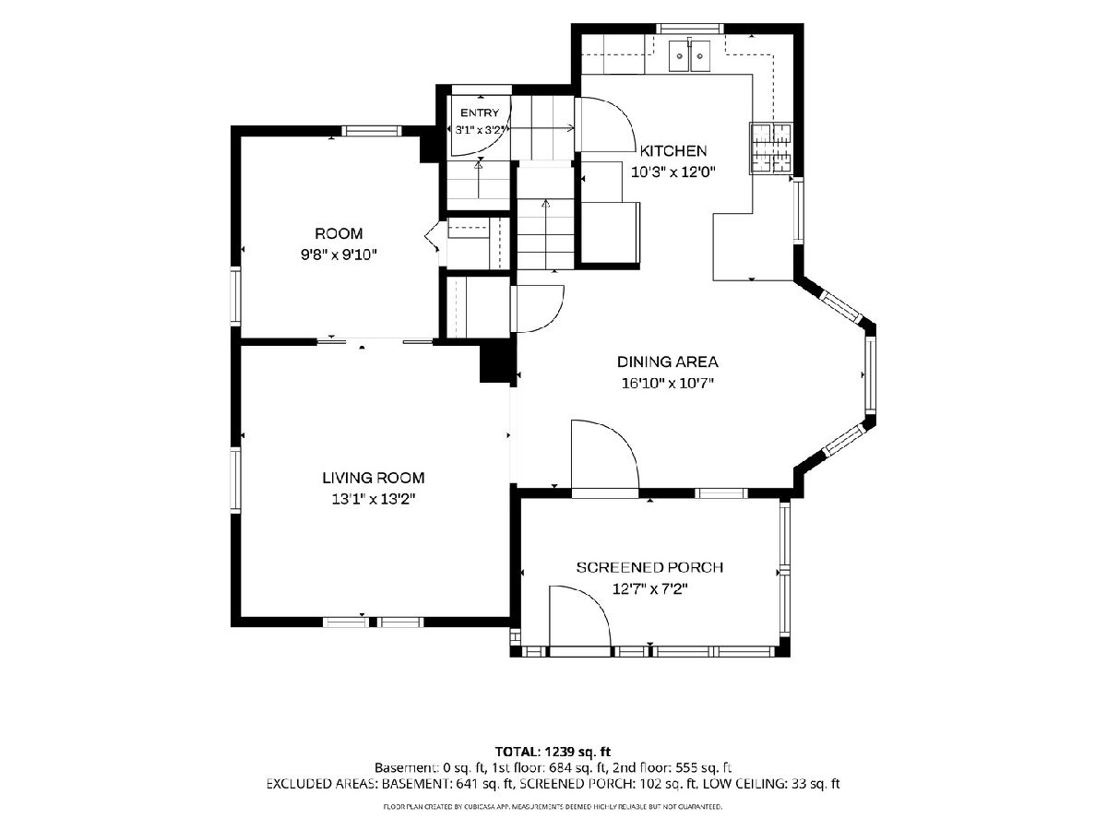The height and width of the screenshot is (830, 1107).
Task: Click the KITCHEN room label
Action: pyautogui.click(x=673, y=150)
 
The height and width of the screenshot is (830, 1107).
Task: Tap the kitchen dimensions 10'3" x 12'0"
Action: pyautogui.click(x=673, y=172)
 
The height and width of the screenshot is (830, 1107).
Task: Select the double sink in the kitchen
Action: pyautogui.click(x=689, y=56)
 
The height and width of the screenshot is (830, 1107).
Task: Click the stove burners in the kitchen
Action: pyautogui.click(x=771, y=148)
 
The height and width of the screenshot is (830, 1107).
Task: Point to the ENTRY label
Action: pyautogui.click(x=479, y=113)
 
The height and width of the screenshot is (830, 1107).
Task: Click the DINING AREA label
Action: pyautogui.click(x=667, y=362)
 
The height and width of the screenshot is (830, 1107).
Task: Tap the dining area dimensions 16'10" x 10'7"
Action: pyautogui.click(x=667, y=384)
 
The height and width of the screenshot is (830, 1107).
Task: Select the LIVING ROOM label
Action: pyautogui.click(x=374, y=477)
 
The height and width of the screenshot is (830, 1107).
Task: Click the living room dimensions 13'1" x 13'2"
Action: pyautogui.click(x=374, y=499)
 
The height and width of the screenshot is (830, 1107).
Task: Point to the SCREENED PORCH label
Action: pyautogui.click(x=649, y=567)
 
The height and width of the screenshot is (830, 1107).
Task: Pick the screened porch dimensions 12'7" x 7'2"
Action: pyautogui.click(x=649, y=588)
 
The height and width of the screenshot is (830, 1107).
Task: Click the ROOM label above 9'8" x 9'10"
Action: pyautogui.click(x=339, y=233)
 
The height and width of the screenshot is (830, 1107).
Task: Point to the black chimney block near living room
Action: pyautogui.click(x=497, y=362)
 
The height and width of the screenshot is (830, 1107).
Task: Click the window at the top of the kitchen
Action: pyautogui.click(x=689, y=29)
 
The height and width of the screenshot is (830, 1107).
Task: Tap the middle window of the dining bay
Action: pyautogui.click(x=870, y=373)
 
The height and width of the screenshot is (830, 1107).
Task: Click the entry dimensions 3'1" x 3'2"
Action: pyautogui.click(x=480, y=129)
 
